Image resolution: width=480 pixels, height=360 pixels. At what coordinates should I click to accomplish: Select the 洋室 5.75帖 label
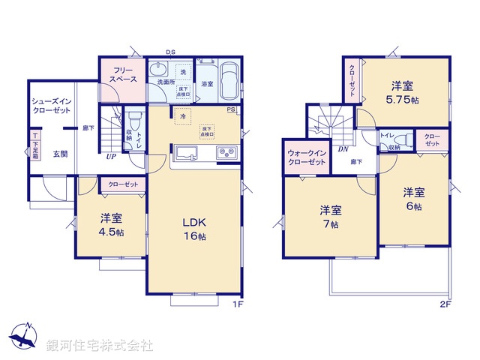(403, 91)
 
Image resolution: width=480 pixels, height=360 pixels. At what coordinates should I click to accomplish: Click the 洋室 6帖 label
(414, 198)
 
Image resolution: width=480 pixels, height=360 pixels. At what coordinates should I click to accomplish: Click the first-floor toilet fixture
(136, 121)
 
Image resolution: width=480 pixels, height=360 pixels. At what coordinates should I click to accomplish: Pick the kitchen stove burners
(226, 153)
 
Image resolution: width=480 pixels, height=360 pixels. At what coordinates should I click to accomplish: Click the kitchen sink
(185, 153)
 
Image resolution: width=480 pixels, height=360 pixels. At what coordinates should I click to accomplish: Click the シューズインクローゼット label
(50, 105)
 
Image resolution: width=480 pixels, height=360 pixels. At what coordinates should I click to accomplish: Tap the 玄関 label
(60, 154)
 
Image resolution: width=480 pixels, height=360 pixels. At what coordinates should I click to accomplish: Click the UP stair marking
(111, 156)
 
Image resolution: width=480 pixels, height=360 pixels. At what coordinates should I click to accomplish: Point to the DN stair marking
(343, 149)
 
